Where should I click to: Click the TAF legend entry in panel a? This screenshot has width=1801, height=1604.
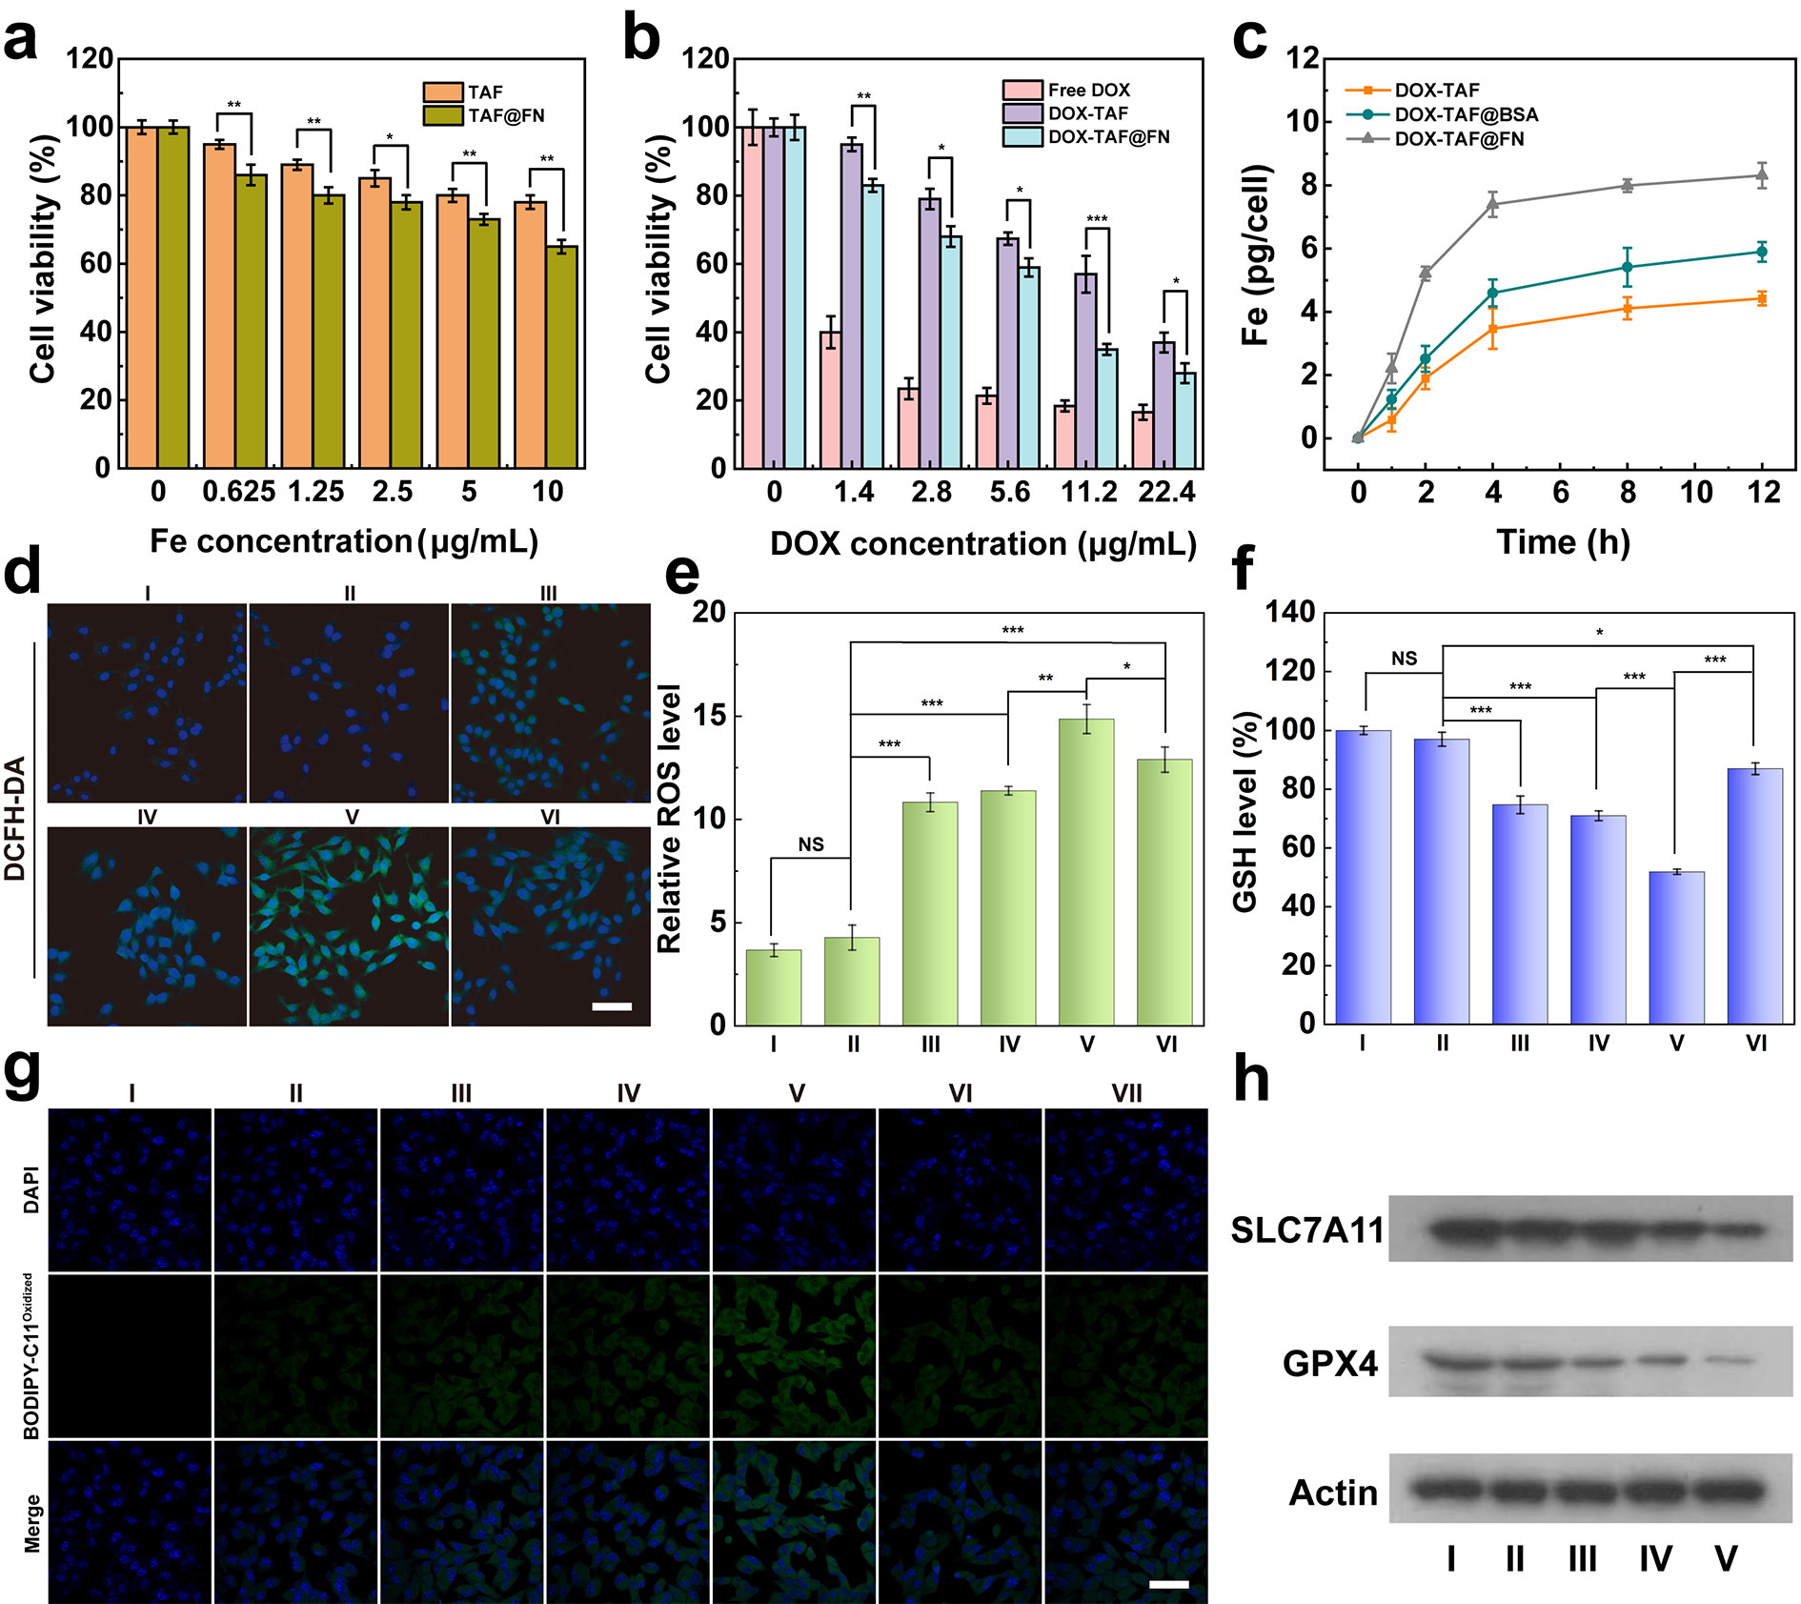(484, 92)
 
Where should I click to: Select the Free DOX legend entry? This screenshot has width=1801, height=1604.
(1088, 91)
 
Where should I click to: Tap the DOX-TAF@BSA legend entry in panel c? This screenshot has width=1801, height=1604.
(1466, 114)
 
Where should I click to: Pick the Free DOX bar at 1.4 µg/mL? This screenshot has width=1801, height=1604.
(830, 399)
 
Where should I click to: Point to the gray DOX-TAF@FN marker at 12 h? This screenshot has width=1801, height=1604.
(1762, 174)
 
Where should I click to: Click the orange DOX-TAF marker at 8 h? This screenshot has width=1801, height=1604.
(1628, 308)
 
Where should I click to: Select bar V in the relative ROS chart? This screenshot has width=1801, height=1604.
(1086, 871)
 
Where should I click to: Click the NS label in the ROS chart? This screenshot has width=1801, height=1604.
(811, 844)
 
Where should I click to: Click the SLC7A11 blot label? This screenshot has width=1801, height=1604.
(1306, 1230)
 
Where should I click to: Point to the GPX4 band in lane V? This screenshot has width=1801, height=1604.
(1727, 1362)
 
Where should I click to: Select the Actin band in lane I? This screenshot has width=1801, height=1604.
(1450, 1489)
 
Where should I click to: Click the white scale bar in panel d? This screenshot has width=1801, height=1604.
(612, 1005)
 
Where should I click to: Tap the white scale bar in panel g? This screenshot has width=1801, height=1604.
(1169, 1584)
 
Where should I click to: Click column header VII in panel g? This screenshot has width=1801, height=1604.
(1126, 1093)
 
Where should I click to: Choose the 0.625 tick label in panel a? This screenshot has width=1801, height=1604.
(238, 492)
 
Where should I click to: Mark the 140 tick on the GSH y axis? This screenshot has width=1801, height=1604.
(1291, 612)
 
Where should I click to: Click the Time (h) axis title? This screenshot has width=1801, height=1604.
(1563, 542)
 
